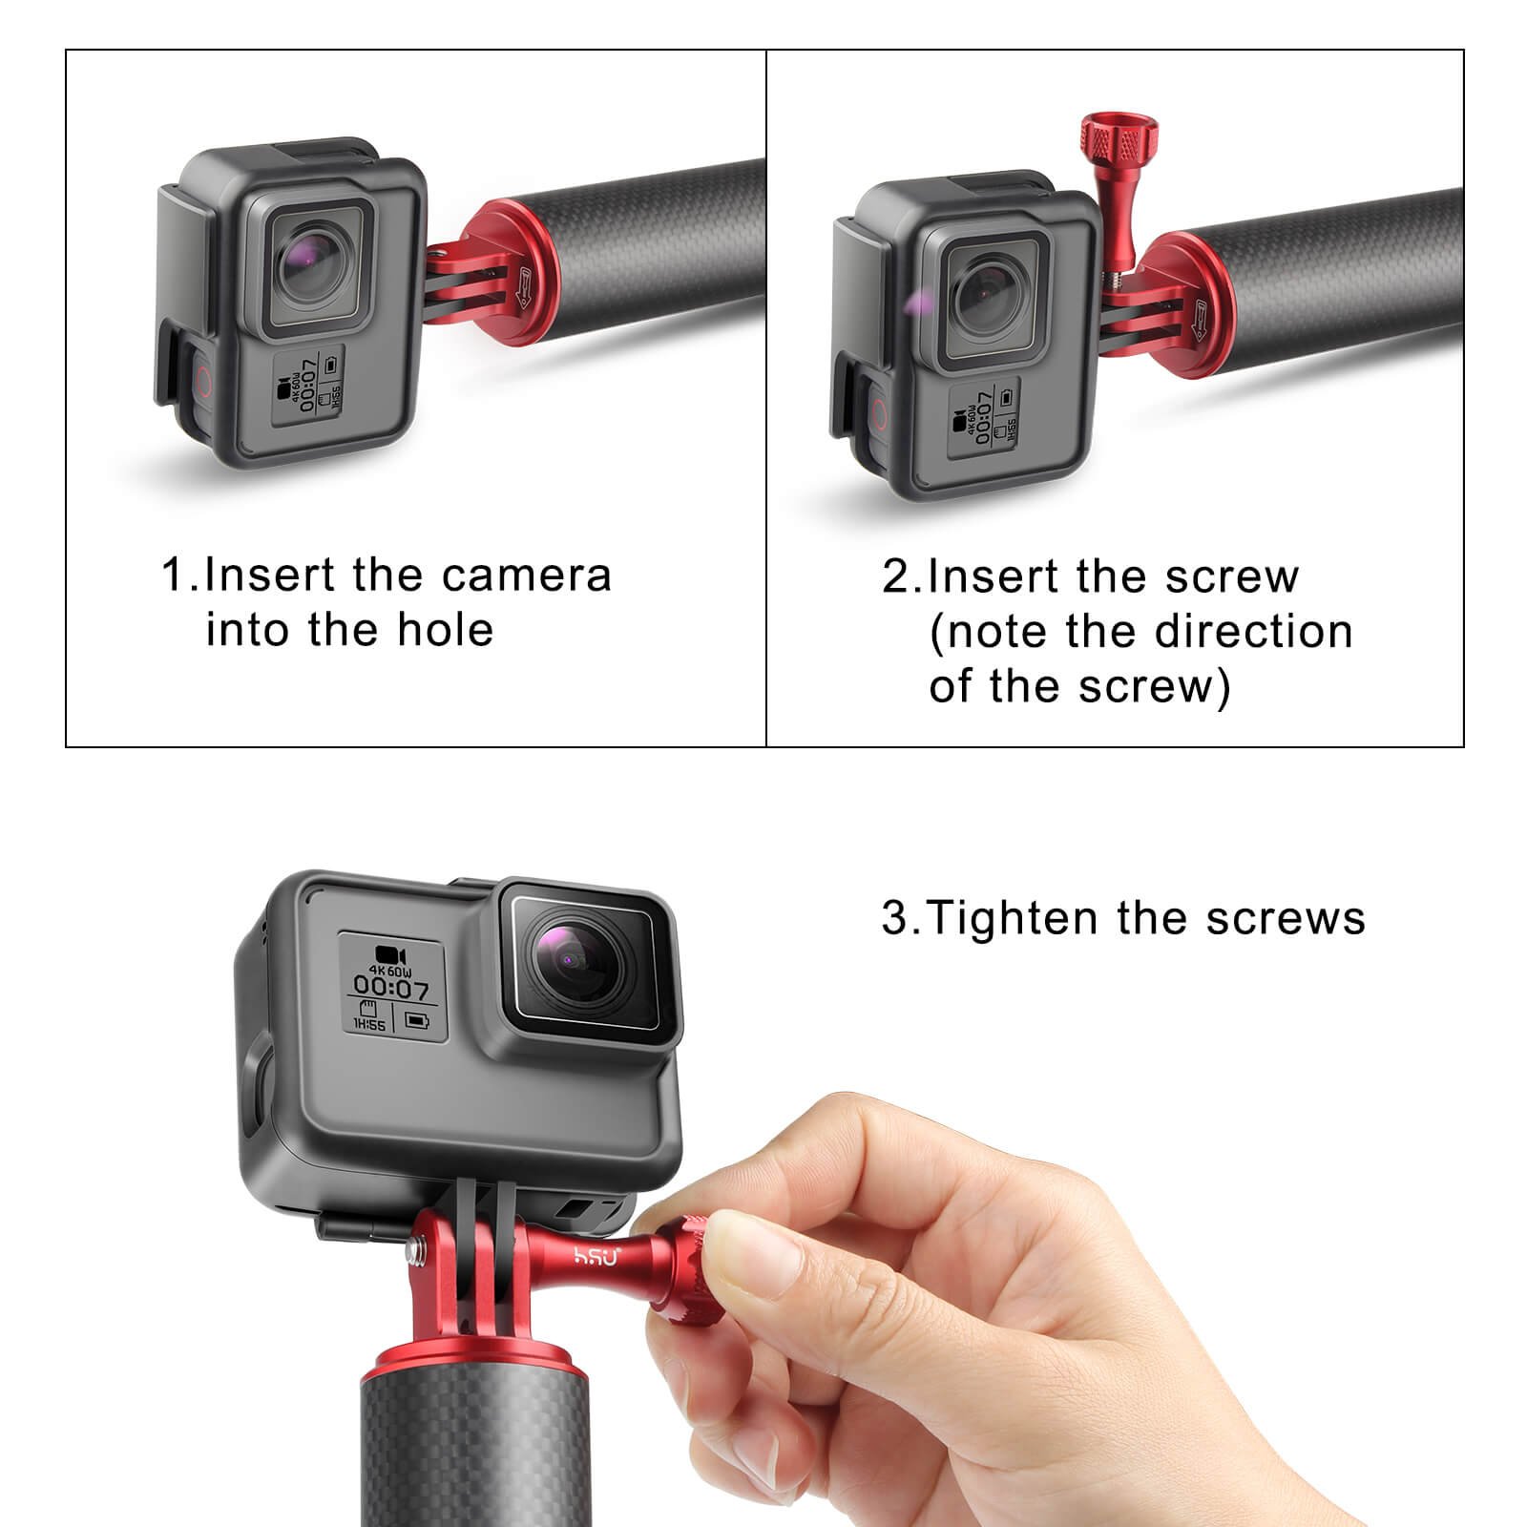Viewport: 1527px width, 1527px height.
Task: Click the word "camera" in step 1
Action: (x=526, y=575)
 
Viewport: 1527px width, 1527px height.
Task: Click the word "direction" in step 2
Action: (x=1253, y=631)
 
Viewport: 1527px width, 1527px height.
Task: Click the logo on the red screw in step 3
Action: (x=596, y=1256)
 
